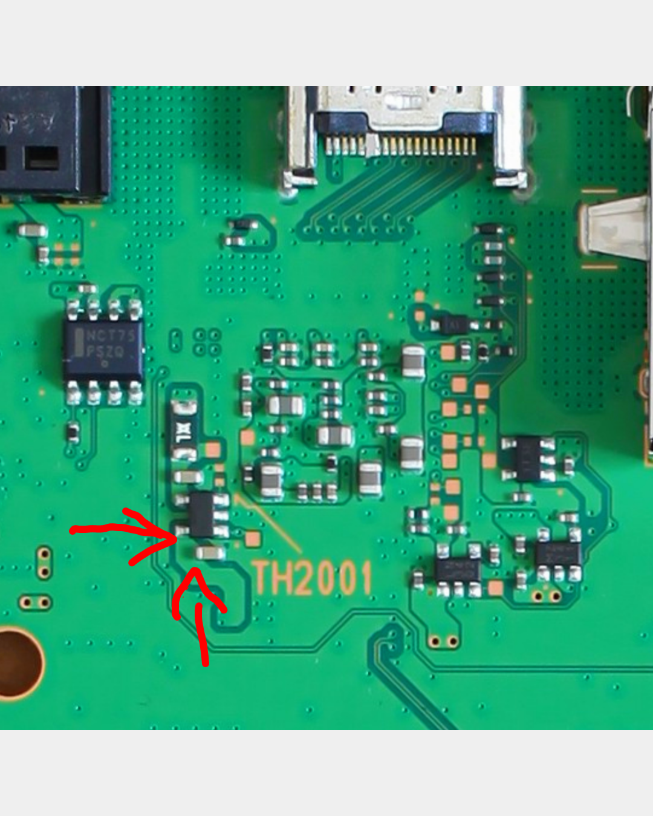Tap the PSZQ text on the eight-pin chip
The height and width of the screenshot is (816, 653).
coord(105,351)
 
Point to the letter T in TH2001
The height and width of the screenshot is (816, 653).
coord(262,578)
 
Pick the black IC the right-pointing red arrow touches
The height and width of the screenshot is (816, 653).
coord(202,514)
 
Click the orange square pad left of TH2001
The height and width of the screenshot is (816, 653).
coord(253,538)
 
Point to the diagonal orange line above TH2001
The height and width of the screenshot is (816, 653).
coord(269,524)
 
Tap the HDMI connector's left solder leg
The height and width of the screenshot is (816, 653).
coord(299,178)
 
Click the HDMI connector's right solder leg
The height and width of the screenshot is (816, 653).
coord(510,179)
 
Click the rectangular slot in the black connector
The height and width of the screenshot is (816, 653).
coord(41,158)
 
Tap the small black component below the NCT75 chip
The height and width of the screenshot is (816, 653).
coord(73,432)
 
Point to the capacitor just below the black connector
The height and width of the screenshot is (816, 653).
coord(32,230)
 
